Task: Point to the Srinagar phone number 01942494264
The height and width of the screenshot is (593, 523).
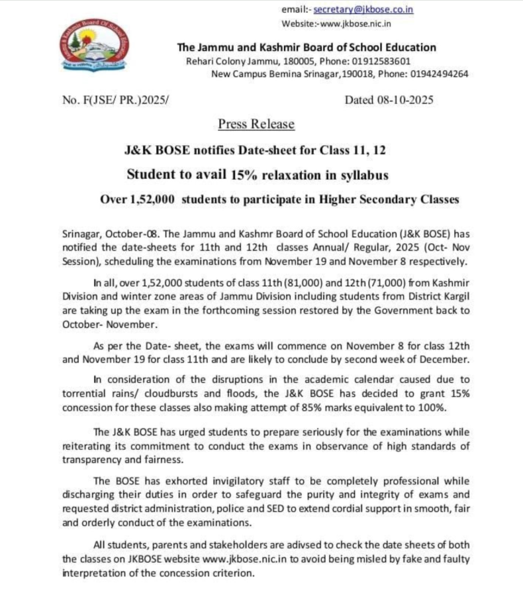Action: pyautogui.click(x=438, y=74)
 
